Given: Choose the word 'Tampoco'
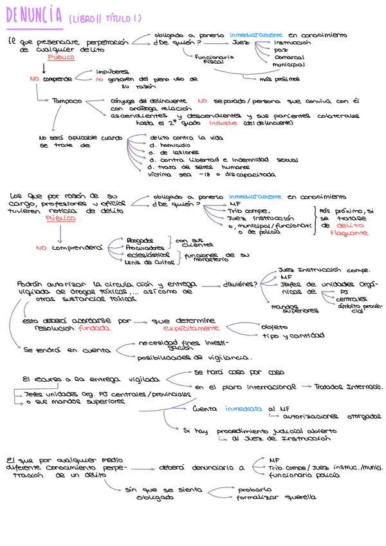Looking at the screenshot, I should click(x=67, y=100).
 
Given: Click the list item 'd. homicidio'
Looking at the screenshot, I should click(x=169, y=145).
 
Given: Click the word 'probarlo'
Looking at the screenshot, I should click(x=255, y=489).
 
